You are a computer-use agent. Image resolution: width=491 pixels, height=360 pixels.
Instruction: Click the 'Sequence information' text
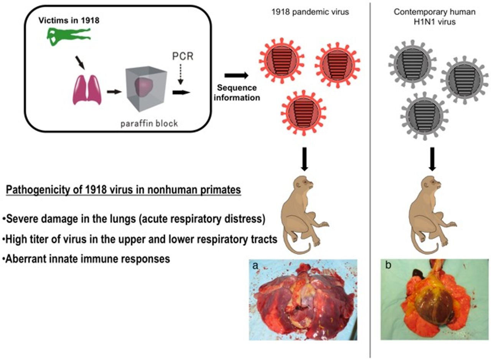[237, 93]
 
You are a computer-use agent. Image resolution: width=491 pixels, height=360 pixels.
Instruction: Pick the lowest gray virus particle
[424, 115]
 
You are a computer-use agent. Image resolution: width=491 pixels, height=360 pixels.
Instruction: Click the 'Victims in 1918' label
[69, 20]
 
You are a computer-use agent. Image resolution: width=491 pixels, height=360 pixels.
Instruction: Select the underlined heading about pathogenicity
[123, 190]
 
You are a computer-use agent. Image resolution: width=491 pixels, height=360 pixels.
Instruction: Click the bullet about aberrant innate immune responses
[86, 259]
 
